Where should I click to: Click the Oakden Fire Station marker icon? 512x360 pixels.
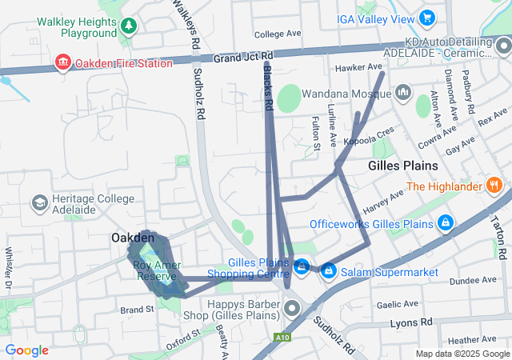pyautogui.click(x=62, y=62)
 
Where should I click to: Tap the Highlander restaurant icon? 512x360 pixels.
pyautogui.click(x=494, y=186)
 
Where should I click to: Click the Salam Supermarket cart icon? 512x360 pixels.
pyautogui.click(x=328, y=272)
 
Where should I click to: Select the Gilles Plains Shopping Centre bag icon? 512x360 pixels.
pyautogui.click(x=302, y=267)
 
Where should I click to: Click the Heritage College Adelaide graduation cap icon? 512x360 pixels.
pyautogui.click(x=38, y=202)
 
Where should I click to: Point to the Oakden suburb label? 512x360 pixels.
pyautogui.click(x=132, y=238)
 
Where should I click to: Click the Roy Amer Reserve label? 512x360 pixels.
pyautogui.click(x=155, y=270)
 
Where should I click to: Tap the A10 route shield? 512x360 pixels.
pyautogui.click(x=281, y=337)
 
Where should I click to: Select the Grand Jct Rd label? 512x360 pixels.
pyautogui.click(x=243, y=58)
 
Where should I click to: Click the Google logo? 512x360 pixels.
pyautogui.click(x=26, y=350)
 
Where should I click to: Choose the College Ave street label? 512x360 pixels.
pyautogui.click(x=277, y=34)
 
